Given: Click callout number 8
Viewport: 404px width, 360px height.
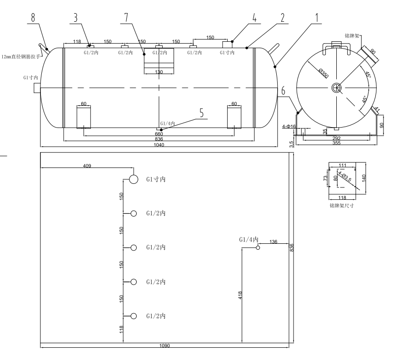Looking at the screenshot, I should coord(32,8).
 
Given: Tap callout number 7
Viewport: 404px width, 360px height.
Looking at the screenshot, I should coord(125,17).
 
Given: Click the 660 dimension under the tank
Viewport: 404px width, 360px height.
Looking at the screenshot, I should coord(159,134).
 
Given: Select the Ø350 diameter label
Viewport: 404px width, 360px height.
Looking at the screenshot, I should coord(324,74).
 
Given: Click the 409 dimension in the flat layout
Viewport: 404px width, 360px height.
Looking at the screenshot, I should coord(87,166).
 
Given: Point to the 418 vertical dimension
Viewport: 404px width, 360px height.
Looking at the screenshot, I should coord(240,296).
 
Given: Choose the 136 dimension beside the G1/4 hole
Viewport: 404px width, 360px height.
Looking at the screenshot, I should coord(273,242).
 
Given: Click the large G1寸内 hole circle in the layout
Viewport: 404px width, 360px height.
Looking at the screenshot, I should coord(134,179).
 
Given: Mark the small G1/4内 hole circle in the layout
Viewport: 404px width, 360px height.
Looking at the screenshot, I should coord(258,247).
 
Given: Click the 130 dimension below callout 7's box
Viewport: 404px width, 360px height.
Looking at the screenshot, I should coord(159,72).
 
